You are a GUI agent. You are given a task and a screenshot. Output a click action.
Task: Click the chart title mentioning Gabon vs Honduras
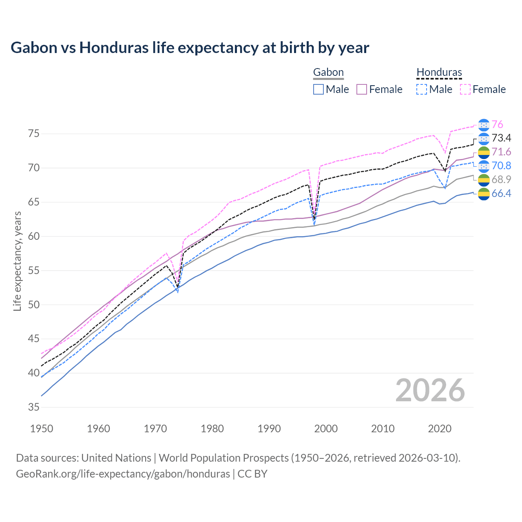(190, 48)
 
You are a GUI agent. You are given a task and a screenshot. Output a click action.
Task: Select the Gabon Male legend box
(319, 89)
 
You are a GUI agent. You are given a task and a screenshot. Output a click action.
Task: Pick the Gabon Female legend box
(362, 89)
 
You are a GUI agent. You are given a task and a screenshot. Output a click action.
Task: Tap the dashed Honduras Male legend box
(422, 89)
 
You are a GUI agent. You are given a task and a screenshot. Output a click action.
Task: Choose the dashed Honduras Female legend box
(465, 89)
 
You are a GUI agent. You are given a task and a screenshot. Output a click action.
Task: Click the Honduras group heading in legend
(439, 73)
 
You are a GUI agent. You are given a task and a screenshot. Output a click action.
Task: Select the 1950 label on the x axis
(42, 429)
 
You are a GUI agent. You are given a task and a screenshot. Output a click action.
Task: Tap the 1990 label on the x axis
(269, 429)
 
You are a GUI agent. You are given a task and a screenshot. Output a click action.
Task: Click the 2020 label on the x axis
(440, 429)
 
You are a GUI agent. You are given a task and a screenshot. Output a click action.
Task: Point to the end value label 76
(497, 124)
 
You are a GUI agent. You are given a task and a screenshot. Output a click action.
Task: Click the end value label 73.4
(501, 138)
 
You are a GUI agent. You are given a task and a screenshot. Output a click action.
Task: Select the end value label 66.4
(501, 193)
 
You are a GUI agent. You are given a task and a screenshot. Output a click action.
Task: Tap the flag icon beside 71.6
(484, 152)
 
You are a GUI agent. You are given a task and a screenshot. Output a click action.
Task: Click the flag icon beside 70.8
(484, 166)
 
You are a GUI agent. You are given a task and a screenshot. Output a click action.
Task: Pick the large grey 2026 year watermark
(430, 390)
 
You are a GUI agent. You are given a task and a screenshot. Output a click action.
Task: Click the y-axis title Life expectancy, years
(18, 261)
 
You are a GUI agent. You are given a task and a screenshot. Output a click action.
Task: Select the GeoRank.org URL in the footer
(123, 474)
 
